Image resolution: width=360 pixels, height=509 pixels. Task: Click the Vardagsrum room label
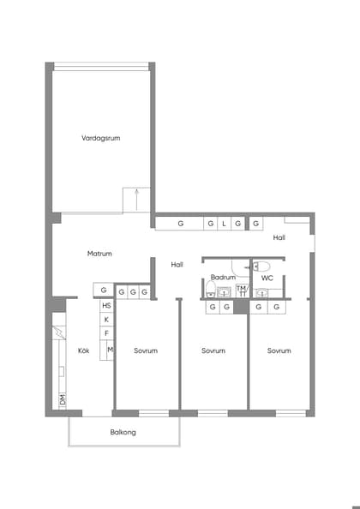tap(99, 138)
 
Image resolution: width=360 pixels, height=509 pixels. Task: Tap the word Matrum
tap(99, 254)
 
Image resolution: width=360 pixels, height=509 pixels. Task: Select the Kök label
tap(84, 350)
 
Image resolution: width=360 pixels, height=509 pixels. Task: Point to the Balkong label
tap(123, 432)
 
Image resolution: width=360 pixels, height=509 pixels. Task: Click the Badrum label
tap(223, 278)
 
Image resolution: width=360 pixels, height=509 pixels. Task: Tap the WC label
tap(267, 278)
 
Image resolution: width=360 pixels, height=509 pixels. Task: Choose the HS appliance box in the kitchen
tap(106, 306)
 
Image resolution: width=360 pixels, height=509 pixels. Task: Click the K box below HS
tap(106, 320)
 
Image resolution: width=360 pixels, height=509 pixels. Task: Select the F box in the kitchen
tap(106, 333)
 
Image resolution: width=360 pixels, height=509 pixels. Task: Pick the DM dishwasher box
tap(63, 400)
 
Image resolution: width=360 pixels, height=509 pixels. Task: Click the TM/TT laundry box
tap(242, 290)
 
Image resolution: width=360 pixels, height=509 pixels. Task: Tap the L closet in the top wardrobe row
tap(223, 224)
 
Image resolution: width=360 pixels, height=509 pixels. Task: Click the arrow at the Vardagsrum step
tap(135, 199)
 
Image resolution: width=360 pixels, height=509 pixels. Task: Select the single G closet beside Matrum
tap(103, 291)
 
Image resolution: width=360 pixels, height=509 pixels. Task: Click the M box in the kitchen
tap(111, 350)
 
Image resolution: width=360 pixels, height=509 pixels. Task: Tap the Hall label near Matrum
tap(177, 265)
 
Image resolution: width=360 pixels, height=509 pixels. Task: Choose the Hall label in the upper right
tap(279, 237)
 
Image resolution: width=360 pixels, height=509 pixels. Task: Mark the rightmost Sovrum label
tap(279, 350)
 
